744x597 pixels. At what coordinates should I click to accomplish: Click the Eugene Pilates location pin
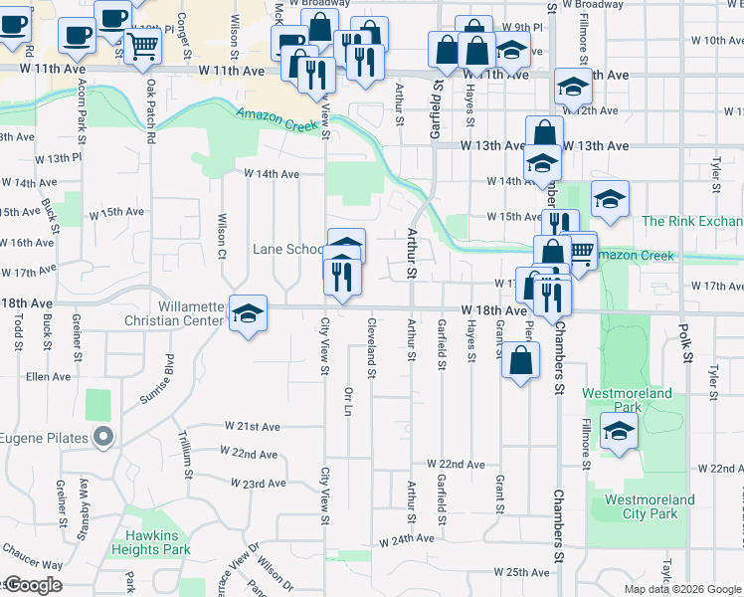click(x=102, y=437)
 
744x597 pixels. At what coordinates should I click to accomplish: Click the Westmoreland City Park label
click(x=649, y=506)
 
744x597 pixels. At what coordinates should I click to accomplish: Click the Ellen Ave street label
click(x=49, y=377)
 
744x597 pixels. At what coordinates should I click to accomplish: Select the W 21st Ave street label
click(x=253, y=426)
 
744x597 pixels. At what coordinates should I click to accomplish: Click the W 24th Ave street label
click(x=407, y=539)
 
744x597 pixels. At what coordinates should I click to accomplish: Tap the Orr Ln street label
click(x=348, y=399)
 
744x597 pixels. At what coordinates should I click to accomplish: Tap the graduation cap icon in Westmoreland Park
click(x=619, y=433)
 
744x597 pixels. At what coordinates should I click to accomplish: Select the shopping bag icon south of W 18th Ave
click(x=520, y=359)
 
